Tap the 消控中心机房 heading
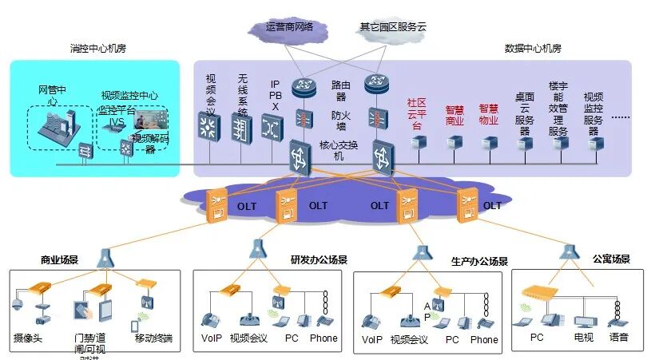[x=98, y=49]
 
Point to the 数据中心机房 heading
[x=533, y=49]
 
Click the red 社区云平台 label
[x=415, y=114]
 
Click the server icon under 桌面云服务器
[x=524, y=144]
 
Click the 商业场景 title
[x=60, y=260]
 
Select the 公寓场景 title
[x=611, y=259]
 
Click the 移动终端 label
[x=152, y=338]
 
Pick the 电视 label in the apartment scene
[x=583, y=338]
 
